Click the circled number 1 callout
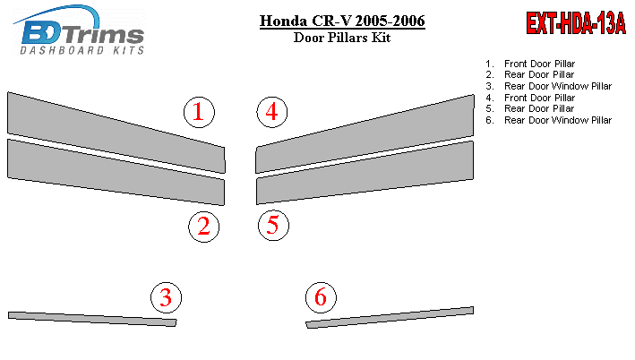pyautogui.click(x=199, y=112)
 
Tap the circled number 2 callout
pyautogui.click(x=203, y=227)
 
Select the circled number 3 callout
pyautogui.click(x=166, y=297)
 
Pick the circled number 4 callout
pyautogui.click(x=271, y=112)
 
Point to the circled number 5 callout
pyautogui.click(x=273, y=225)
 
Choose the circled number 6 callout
pyautogui.click(x=321, y=297)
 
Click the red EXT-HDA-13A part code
pyautogui.click(x=576, y=23)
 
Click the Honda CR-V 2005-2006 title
pyautogui.click(x=342, y=21)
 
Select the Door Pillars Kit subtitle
pyautogui.click(x=342, y=38)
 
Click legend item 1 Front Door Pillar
pyautogui.click(x=530, y=64)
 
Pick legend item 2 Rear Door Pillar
pyautogui.click(x=530, y=74)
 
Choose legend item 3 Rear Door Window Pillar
pyautogui.click(x=549, y=86)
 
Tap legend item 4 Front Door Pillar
pyautogui.click(x=530, y=98)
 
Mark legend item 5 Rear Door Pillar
pyautogui.click(x=530, y=108)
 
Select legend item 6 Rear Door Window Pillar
pyautogui.click(x=549, y=120)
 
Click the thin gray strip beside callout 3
pyautogui.click(x=92, y=319)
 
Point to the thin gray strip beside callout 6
pyautogui.click(x=390, y=318)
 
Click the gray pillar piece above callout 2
pyautogui.click(x=116, y=172)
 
